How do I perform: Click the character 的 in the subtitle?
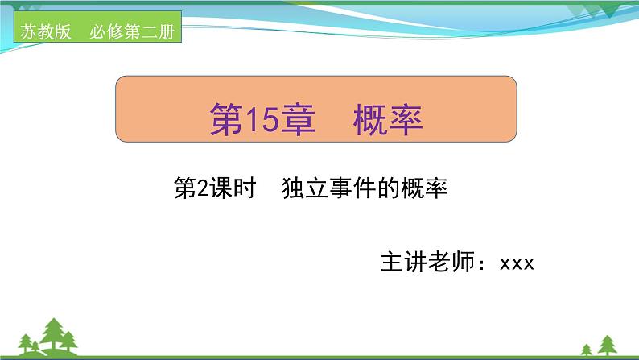pos(374,190)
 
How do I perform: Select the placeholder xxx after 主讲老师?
pos(517,263)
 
